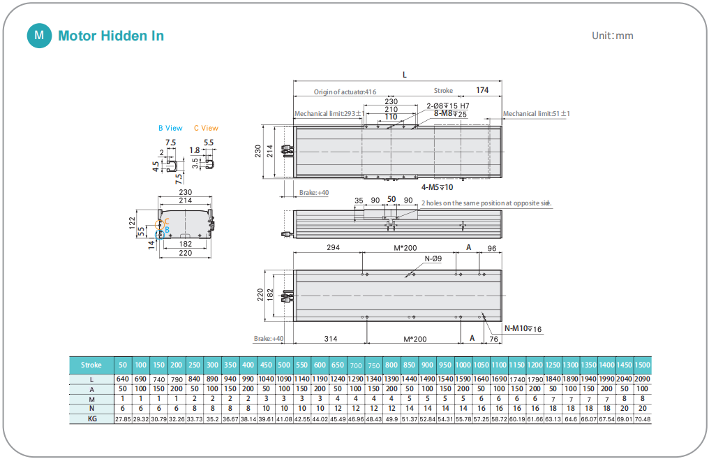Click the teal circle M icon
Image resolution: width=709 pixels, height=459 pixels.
[x=39, y=36]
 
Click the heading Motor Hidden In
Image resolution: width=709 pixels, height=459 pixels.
[x=111, y=36]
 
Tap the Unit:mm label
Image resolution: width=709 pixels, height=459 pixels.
[x=612, y=36]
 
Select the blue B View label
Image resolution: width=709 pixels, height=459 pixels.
[x=170, y=128]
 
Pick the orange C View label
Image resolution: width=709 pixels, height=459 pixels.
[x=206, y=128]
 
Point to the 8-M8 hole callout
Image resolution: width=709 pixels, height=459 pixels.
[x=450, y=113]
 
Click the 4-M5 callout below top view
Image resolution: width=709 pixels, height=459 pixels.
[x=438, y=187]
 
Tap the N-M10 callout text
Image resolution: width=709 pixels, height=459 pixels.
[x=523, y=328]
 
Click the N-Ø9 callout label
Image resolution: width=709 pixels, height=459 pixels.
[x=433, y=259]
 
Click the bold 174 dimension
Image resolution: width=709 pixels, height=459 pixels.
[x=482, y=90]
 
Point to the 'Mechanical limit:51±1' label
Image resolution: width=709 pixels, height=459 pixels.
[x=536, y=113]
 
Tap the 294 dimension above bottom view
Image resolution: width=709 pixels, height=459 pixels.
[x=333, y=248]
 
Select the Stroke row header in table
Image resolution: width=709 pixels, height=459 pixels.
[x=91, y=365]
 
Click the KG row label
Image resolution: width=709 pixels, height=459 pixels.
[x=91, y=418]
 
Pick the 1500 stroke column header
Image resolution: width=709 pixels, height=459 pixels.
[x=642, y=365]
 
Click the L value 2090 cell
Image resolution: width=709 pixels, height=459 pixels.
[x=642, y=379]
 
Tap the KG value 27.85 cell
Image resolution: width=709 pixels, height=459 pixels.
[x=123, y=418]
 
